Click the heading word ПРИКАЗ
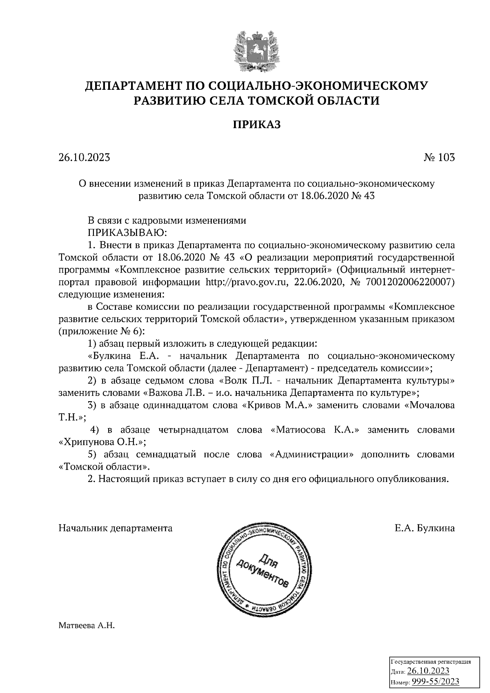[256, 124]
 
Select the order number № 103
[439, 157]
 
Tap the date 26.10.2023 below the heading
[84, 157]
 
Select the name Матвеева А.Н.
[87, 625]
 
